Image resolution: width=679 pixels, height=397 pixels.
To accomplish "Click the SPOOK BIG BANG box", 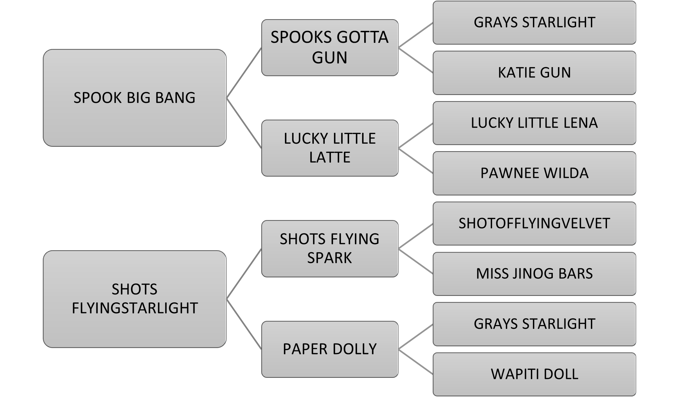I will point(134,98).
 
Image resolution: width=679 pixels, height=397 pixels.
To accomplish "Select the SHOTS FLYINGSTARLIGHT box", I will point(134,299).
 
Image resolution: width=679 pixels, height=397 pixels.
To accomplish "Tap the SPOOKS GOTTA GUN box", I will point(330,47).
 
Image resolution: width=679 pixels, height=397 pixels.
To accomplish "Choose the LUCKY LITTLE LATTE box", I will point(330,148).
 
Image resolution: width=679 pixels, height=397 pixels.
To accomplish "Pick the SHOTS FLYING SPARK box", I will point(330,248).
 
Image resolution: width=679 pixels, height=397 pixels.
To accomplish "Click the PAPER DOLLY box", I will point(330,349).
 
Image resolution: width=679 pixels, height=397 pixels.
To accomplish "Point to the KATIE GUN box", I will point(534,73).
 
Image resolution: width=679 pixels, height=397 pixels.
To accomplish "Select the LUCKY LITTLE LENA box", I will point(534,123).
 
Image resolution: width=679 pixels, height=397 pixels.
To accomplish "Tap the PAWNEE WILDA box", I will point(534,173).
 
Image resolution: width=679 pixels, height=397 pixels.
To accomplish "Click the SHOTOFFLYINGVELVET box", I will point(534,224).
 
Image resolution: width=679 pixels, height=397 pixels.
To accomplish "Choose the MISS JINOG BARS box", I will point(534,274).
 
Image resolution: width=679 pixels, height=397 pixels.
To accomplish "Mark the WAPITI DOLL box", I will point(534,374).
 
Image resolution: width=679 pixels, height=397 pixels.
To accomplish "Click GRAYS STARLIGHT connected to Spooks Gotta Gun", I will point(534,22).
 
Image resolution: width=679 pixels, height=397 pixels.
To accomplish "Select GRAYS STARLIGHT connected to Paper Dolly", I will point(534,324).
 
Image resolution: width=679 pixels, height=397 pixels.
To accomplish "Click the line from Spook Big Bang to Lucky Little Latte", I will point(244,123).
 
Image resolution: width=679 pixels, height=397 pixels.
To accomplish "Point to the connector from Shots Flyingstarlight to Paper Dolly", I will point(244,324).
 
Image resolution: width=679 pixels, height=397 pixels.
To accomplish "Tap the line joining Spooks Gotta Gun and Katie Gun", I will point(415,60).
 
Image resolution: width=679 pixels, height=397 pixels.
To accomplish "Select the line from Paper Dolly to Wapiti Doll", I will point(415,362).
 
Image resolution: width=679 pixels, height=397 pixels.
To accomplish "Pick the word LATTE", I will point(330,157).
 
